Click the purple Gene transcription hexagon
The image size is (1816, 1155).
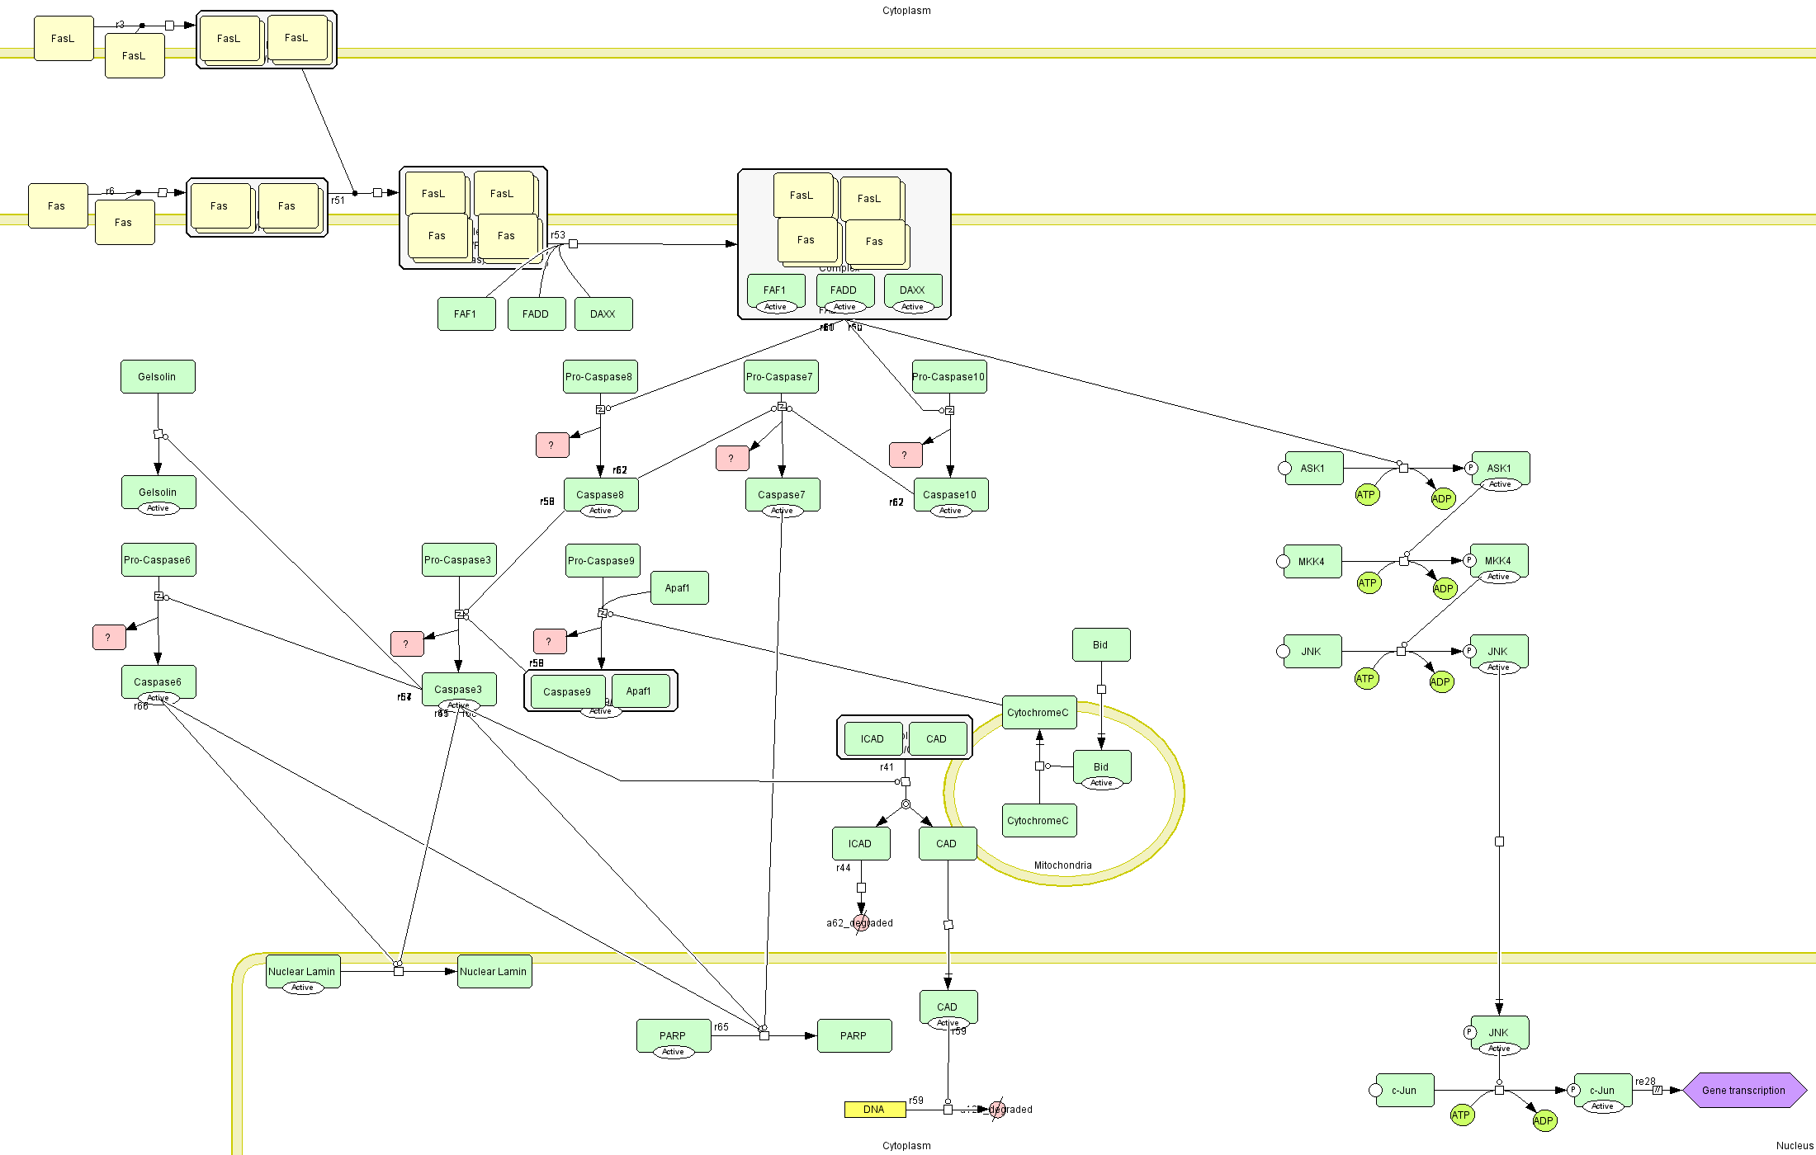coord(1743,1090)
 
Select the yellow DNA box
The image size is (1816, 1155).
coord(874,1110)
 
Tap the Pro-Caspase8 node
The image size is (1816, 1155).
coord(599,377)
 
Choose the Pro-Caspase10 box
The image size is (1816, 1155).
coord(948,377)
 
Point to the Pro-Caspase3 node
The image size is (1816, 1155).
coord(458,559)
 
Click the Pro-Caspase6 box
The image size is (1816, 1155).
coord(158,559)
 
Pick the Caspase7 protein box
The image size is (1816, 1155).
coord(782,494)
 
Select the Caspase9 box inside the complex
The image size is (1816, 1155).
coord(567,691)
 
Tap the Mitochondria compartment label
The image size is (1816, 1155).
coord(1062,865)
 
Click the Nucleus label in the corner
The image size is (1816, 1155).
coord(1795,1146)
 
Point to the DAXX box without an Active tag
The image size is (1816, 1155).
coord(603,313)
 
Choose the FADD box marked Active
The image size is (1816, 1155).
coord(844,290)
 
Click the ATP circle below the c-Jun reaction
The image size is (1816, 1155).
coord(1461,1115)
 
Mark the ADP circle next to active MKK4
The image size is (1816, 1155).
coord(1444,588)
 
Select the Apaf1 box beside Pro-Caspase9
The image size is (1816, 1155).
coord(678,587)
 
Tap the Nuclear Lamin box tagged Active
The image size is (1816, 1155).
coord(302,971)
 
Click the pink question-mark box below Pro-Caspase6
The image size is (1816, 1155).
coord(108,637)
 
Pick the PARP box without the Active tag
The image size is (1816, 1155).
coord(854,1035)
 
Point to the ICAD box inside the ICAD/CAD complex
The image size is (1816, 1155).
coord(872,738)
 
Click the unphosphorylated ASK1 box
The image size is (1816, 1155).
coord(1312,468)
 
